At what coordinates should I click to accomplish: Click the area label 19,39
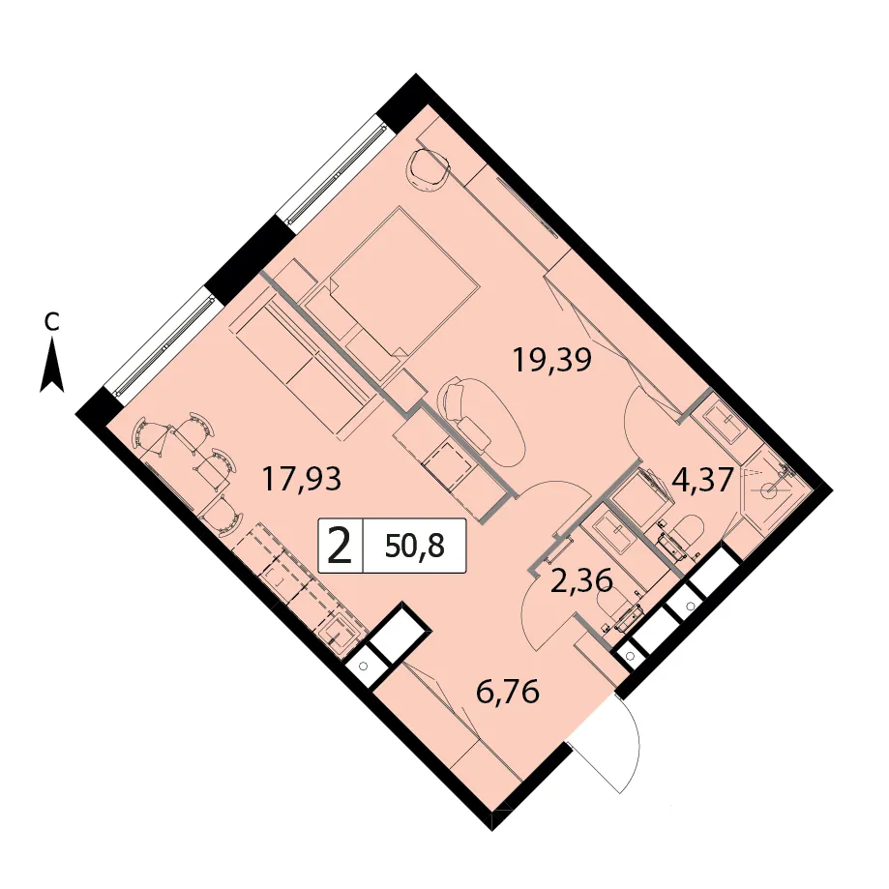[551, 361]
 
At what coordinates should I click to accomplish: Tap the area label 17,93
[301, 479]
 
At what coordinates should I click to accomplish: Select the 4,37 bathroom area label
[703, 481]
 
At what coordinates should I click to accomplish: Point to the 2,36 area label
[581, 580]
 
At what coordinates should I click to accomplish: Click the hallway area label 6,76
[508, 692]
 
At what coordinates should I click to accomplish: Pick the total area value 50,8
[414, 546]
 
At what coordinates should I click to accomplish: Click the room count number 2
[341, 546]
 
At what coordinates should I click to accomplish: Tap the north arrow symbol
[51, 366]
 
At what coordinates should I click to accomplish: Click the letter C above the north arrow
[51, 322]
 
